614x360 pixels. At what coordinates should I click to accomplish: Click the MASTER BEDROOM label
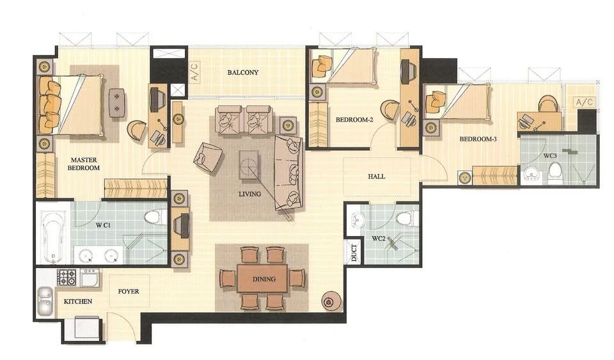tap(84, 164)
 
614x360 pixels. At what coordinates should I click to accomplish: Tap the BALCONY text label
tap(243, 72)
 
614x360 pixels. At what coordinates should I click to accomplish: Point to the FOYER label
tap(129, 291)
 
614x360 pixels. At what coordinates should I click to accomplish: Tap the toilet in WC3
tap(555, 171)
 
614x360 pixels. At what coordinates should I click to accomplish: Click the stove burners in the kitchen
tap(67, 277)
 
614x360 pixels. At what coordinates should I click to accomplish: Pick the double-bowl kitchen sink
tap(45, 302)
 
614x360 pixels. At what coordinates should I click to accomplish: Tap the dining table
tap(262, 279)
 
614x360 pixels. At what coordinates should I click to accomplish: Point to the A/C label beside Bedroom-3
tap(583, 102)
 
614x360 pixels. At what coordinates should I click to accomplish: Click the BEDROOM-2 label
tap(354, 119)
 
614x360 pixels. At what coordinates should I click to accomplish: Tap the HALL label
tap(376, 177)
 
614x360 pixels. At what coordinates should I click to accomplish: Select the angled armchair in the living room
tap(208, 157)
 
